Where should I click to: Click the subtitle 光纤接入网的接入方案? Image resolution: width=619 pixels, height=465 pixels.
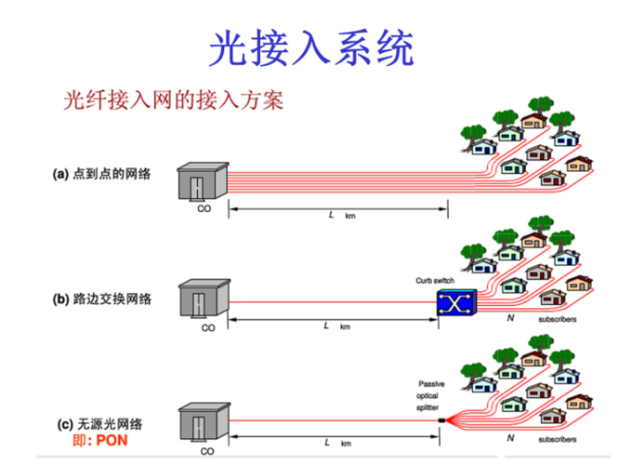172,100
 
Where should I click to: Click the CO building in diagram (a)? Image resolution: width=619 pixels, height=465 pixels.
202,181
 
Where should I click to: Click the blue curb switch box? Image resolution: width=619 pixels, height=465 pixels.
455,303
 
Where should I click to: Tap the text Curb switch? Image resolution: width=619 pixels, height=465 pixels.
436,280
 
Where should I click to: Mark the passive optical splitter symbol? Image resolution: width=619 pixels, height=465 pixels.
447,421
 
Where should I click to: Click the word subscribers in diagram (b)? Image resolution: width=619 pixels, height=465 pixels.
558,320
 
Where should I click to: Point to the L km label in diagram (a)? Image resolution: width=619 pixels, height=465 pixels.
337,215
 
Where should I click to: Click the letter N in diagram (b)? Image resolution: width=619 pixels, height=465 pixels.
509,319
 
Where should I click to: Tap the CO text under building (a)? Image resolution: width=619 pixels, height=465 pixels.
204,210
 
